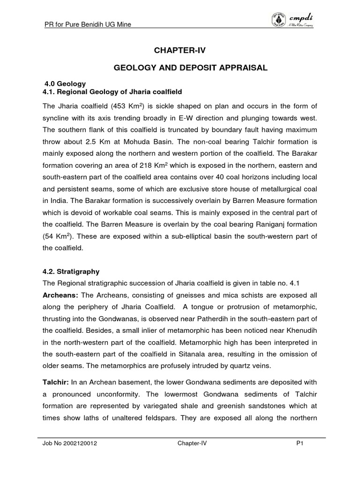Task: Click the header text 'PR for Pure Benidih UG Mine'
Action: click(x=87, y=24)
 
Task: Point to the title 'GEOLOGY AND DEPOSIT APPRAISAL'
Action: click(x=191, y=68)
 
